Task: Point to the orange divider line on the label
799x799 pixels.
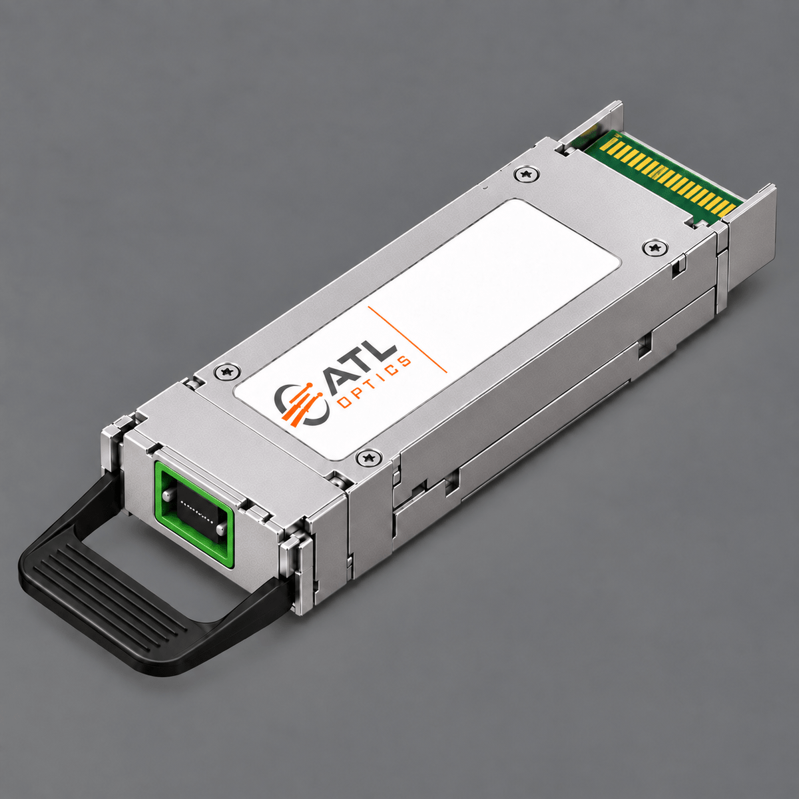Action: coord(407,339)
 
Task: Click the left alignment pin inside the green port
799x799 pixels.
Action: coord(168,495)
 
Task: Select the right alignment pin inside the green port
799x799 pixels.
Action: coord(220,528)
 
